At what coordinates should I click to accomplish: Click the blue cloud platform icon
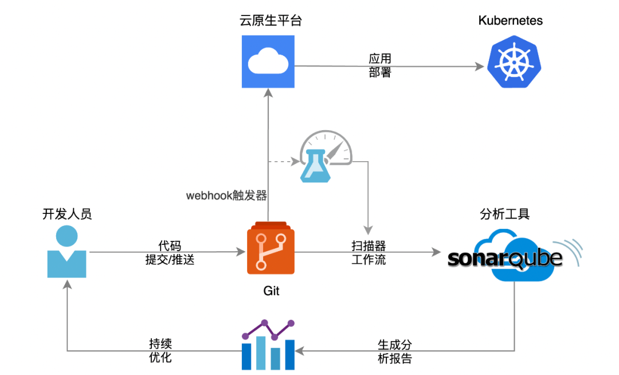pos(268,61)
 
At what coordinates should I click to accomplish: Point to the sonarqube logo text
pos(504,258)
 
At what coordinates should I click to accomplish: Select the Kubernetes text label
pos(510,21)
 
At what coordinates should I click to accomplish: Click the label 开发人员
pos(67,214)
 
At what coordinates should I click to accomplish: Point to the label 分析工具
pos(504,214)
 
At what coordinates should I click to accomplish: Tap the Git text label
pos(271,291)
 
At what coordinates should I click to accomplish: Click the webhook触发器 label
pos(226,196)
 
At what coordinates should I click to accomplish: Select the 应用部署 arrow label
pos(380,65)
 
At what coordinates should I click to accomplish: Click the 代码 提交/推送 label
pos(170,252)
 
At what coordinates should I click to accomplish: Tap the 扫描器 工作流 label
pos(369,252)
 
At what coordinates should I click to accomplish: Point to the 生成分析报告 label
pos(395,351)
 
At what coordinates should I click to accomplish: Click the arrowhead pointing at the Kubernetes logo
pos(479,67)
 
